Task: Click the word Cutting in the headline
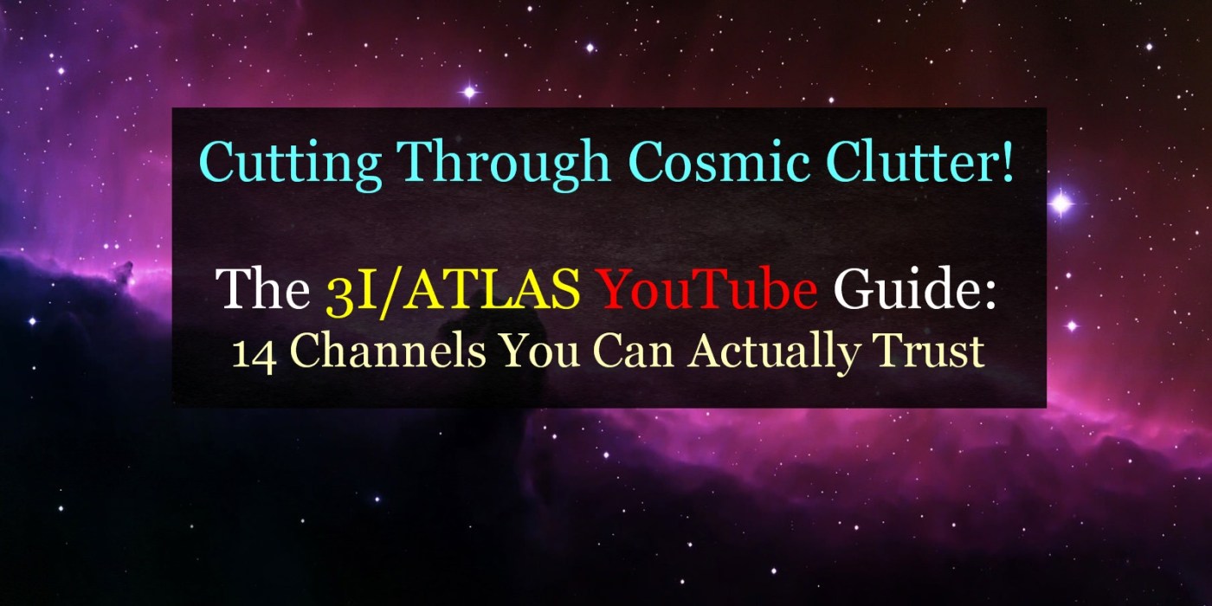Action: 291,163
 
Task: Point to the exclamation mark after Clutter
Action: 1008,161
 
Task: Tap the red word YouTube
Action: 708,288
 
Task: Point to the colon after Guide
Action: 990,295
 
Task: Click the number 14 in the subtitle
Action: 254,354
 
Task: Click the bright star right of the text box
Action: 1061,203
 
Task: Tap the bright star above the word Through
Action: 469,92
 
